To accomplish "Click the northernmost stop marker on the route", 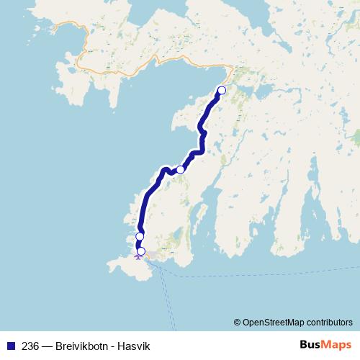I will pos(221,90).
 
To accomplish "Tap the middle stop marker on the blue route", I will pos(181,170).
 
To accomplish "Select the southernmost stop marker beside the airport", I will pos(141,251).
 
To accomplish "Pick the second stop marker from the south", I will pos(140,236).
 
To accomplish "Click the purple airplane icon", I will pos(138,256).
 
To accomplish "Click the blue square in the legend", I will pos(10,346).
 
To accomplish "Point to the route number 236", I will pos(30,346).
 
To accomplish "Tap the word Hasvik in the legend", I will pos(135,346).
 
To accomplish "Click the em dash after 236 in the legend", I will pos(47,346).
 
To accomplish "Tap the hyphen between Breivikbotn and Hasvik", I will pos(113,346).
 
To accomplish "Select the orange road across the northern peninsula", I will pos(144,66).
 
